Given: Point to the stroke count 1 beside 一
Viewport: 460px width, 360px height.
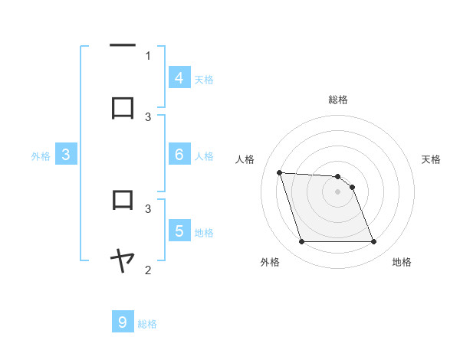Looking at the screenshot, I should click(148, 56).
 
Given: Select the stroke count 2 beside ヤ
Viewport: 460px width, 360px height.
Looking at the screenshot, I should click(148, 270).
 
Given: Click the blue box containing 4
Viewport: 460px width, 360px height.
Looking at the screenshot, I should click(179, 77).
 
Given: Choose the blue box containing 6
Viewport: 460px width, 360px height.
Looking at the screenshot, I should click(179, 155).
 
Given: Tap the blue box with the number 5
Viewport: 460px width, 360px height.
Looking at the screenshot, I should click(179, 231).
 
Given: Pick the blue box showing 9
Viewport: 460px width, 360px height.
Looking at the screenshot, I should click(123, 322).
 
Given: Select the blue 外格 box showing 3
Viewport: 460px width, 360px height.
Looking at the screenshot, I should click(67, 155).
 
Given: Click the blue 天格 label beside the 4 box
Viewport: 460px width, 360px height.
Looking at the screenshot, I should click(204, 79).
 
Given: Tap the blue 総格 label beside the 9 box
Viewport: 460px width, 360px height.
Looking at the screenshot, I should click(147, 324).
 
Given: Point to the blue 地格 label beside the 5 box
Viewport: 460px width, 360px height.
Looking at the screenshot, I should click(204, 232).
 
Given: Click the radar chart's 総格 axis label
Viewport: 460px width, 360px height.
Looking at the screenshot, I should click(338, 100).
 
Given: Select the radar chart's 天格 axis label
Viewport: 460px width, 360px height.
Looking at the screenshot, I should click(432, 159).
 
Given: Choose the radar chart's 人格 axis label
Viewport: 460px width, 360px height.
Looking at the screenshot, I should click(245, 159).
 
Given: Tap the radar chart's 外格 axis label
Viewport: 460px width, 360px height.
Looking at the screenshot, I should click(271, 262).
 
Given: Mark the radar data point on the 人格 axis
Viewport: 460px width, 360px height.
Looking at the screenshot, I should click(279, 172).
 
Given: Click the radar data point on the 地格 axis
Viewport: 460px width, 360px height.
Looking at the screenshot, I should click(373, 242).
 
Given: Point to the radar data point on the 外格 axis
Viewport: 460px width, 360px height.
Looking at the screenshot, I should click(301, 242).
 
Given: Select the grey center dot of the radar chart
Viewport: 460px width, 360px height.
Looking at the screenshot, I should click(337, 191).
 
